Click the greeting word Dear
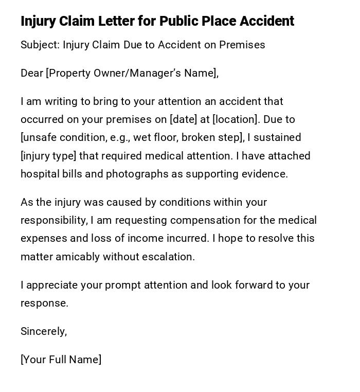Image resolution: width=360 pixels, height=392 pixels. pos(32,73)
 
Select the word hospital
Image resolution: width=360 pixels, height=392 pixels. pos(40,174)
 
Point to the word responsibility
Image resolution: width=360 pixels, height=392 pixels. pos(54,220)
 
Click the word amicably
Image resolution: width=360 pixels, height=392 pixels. pos(77,257)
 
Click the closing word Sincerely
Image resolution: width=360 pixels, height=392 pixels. pos(43,331)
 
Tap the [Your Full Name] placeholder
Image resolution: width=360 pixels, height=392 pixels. pos(61,360)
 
